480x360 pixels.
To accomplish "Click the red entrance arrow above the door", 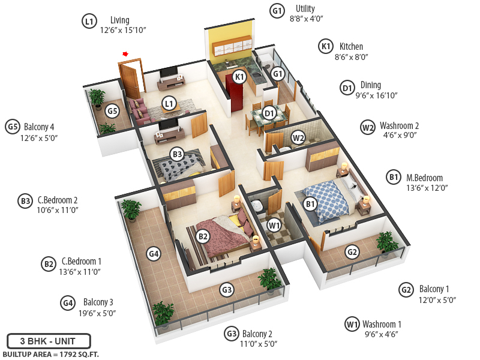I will coord(125,54).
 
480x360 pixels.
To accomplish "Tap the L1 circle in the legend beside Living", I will coord(89,22).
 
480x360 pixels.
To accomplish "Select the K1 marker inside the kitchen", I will coord(239,77).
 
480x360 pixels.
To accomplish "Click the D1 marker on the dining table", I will coord(269,112).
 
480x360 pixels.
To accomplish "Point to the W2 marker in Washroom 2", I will coord(298,138).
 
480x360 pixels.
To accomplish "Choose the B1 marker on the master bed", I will coord(310,204).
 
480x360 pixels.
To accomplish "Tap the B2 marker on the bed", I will coord(203,236).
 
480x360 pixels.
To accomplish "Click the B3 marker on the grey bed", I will coord(177,154).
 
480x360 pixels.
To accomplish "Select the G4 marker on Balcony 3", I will coord(154,254).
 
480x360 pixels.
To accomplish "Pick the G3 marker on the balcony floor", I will coord(227,290).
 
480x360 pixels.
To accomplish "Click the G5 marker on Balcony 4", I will coord(112,111).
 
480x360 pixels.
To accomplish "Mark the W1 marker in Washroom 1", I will coord(274,226).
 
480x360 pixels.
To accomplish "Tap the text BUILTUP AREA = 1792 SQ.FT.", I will coord(50,355).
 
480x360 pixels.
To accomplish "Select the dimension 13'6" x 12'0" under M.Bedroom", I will coord(427,188).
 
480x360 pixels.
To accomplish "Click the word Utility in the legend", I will coord(305,8).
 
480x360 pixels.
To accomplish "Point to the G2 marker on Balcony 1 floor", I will coord(352,252).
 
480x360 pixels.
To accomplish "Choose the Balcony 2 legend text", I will coord(257,334).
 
